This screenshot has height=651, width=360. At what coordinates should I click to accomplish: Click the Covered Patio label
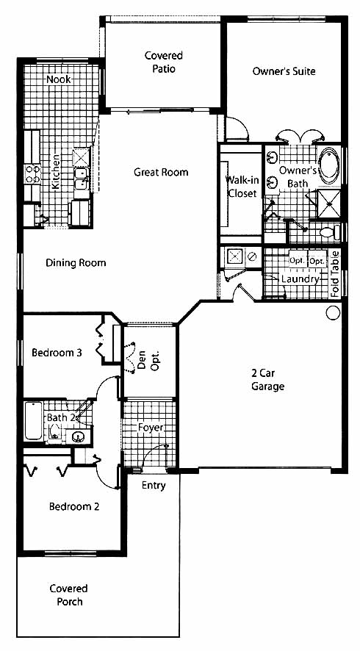click(x=164, y=62)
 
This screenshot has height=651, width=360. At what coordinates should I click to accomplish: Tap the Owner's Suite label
click(x=284, y=71)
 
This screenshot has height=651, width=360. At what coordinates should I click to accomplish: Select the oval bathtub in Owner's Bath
click(x=329, y=165)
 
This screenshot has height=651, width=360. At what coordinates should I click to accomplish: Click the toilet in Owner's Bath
click(x=331, y=232)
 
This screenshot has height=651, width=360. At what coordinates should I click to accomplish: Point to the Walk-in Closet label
click(x=242, y=187)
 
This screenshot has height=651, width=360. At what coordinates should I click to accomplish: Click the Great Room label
click(x=161, y=172)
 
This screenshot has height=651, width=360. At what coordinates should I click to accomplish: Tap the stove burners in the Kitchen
click(x=33, y=174)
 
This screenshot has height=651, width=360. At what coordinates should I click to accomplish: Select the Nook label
click(x=58, y=79)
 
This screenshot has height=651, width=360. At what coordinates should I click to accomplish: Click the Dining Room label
click(x=76, y=263)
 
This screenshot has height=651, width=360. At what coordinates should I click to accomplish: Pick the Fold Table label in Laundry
click(x=335, y=273)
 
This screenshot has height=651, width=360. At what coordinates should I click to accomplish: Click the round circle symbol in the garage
click(x=333, y=312)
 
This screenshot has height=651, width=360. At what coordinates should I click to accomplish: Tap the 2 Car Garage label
click(x=268, y=379)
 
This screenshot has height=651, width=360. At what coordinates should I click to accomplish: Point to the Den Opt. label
click(x=148, y=360)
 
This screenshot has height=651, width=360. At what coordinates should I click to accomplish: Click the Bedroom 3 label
click(x=57, y=353)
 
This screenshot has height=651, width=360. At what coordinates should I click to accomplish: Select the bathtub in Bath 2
click(x=33, y=420)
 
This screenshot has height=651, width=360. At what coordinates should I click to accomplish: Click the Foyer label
click(x=151, y=428)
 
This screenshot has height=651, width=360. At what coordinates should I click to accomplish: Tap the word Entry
click(x=154, y=486)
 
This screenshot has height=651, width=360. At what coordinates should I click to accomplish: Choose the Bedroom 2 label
click(x=74, y=506)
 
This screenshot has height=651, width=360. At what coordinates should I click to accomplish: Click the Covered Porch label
click(x=69, y=595)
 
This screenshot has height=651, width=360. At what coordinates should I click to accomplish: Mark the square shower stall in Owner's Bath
click(x=329, y=204)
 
